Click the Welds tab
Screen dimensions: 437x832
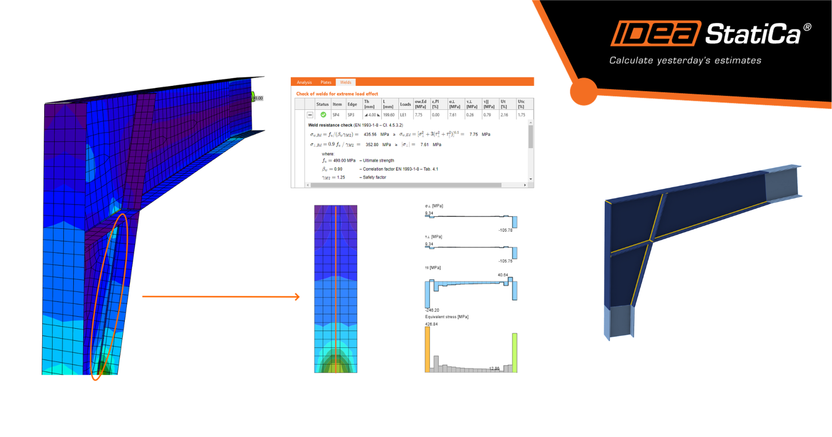pyautogui.click(x=346, y=82)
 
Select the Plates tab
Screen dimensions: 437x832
pyautogui.click(x=326, y=82)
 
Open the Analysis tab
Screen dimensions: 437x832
pyautogui.click(x=304, y=82)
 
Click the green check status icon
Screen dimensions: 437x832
pyautogui.click(x=323, y=115)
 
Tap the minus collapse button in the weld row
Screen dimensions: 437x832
pyautogui.click(x=310, y=115)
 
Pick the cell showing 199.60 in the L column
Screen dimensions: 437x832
pyautogui.click(x=388, y=115)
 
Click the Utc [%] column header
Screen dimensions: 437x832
pyautogui.click(x=521, y=104)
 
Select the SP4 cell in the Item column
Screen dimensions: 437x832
pyautogui.click(x=336, y=115)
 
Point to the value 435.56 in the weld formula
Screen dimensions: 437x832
pyautogui.click(x=370, y=134)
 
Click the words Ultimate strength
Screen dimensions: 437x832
pyautogui.click(x=378, y=161)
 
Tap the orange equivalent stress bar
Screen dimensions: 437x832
pyautogui.click(x=427, y=350)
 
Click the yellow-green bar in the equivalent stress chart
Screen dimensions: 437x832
pyautogui.click(x=515, y=353)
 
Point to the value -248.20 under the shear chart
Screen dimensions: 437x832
pyautogui.click(x=432, y=310)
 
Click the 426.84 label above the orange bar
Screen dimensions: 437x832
pyautogui.click(x=431, y=324)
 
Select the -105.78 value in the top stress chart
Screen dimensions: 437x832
pyautogui.click(x=505, y=230)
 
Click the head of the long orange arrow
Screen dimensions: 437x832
pyautogui.click(x=297, y=297)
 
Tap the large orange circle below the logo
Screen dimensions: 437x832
pyautogui.click(x=583, y=92)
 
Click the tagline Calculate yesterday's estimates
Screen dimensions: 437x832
pyautogui.click(x=685, y=60)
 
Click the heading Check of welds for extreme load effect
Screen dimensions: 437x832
pyautogui.click(x=337, y=94)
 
